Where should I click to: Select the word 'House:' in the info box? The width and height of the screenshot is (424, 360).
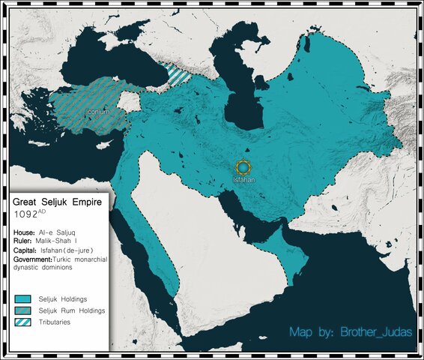tap(24, 233)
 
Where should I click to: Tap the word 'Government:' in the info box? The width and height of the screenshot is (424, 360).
tap(33, 259)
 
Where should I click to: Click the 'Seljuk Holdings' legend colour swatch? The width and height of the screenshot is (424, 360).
tap(24, 298)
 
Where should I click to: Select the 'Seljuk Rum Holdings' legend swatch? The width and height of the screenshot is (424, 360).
tap(24, 310)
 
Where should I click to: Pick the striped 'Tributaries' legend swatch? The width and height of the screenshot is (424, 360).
tap(24, 322)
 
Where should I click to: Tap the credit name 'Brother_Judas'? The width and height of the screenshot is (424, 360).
tap(375, 331)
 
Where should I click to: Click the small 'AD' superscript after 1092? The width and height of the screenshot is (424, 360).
tap(42, 211)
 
